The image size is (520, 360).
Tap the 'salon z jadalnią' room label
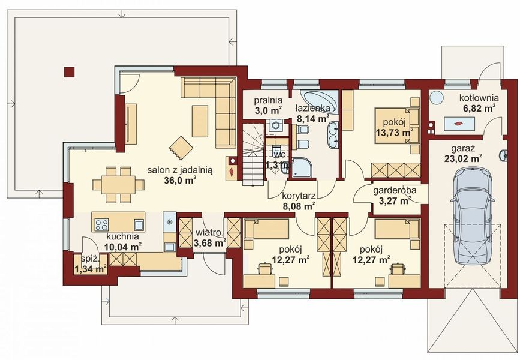click(x=180, y=170)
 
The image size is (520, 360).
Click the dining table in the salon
click(x=118, y=185)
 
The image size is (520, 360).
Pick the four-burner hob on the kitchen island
click(x=102, y=225)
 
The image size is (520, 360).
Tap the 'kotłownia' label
click(x=479, y=98)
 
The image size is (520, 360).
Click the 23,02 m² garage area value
click(x=463, y=158)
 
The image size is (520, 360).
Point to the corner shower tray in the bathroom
click(x=301, y=167)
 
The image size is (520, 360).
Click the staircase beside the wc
click(x=253, y=154)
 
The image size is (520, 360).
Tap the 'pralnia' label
click(x=268, y=100)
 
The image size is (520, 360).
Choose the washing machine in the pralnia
click(x=275, y=125)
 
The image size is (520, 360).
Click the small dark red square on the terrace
click(x=70, y=72)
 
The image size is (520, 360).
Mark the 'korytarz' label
click(x=299, y=196)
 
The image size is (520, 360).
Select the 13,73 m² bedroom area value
click(x=395, y=133)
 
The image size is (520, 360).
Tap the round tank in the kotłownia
click(x=436, y=98)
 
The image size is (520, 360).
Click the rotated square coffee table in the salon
click(x=181, y=148)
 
